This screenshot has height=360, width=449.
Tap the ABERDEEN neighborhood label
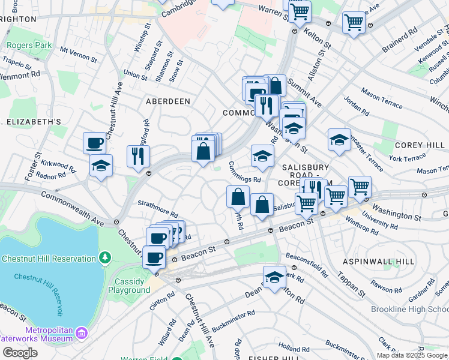[x=168, y=102]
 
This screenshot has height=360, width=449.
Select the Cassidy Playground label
[x=129, y=286]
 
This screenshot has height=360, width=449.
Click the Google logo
[x=19, y=352]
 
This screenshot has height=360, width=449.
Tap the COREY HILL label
[x=418, y=146]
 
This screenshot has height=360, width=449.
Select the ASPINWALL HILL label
[x=378, y=262]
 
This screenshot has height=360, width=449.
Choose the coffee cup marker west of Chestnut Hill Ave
[x=95, y=143]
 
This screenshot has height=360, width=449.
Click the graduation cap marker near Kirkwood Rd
[x=101, y=166]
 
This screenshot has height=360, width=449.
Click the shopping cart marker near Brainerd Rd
[x=354, y=23]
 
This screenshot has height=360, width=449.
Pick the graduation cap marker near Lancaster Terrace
[x=339, y=140]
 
